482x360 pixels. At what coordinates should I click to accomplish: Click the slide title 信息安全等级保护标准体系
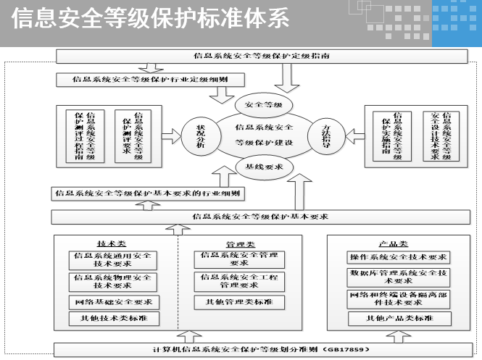[x=151, y=19]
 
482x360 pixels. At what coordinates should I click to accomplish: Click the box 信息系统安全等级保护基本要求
[x=261, y=216]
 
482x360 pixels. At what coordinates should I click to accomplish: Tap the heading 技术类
[x=112, y=244]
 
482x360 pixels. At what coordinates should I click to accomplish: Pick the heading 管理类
[x=241, y=244]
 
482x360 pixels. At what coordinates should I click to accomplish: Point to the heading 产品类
[x=393, y=244]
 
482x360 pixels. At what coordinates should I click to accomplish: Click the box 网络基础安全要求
[x=113, y=301]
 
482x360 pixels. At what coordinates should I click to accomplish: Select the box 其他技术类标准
[x=113, y=318]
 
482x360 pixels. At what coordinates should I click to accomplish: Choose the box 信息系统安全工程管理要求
[x=240, y=281]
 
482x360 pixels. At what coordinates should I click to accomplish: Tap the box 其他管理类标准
[x=240, y=302]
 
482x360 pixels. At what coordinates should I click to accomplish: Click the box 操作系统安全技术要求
[x=399, y=257]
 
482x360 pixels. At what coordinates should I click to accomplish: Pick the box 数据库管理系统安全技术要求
[x=399, y=277]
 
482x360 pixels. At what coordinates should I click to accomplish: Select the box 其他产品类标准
[x=399, y=318]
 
